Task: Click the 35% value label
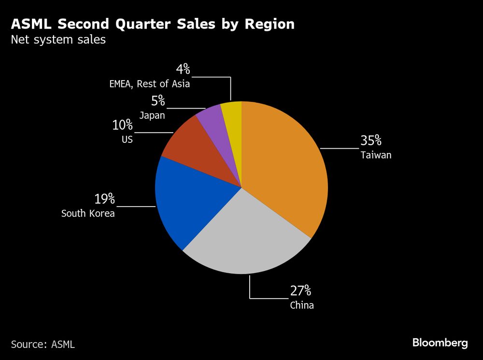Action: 371,141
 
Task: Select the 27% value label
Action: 300,291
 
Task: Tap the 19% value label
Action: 104,198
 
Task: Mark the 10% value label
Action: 122,125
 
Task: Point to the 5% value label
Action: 158,101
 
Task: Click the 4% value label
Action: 183,69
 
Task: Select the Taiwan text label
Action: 375,155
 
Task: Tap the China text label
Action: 302,305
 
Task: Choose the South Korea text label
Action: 88,213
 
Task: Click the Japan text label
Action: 152,115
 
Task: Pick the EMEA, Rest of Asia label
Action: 149,83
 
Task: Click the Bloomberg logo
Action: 440,343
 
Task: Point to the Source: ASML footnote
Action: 43,344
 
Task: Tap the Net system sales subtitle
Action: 58,40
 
